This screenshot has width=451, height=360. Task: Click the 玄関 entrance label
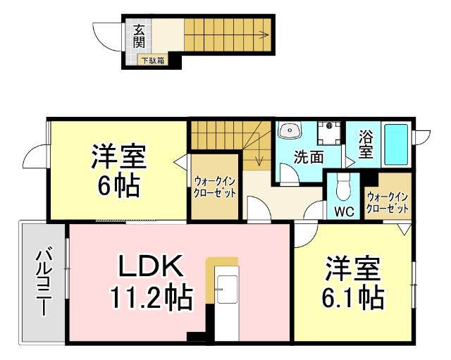[x=140, y=36]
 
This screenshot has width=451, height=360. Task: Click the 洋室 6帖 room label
[x=118, y=171]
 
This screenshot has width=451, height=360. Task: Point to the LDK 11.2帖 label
[x=150, y=283]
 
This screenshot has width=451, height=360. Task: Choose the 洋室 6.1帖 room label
[x=353, y=284]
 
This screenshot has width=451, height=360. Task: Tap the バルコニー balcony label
[x=43, y=280]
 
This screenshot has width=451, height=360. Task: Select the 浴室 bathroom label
[x=365, y=144]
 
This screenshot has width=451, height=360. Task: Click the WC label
[x=343, y=211]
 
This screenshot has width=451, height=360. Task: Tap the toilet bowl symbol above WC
[x=343, y=187]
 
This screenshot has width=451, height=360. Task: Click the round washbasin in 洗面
[x=290, y=131]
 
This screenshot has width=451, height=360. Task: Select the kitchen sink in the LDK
[x=228, y=290]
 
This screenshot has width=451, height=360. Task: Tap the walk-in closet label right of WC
[x=387, y=204]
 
